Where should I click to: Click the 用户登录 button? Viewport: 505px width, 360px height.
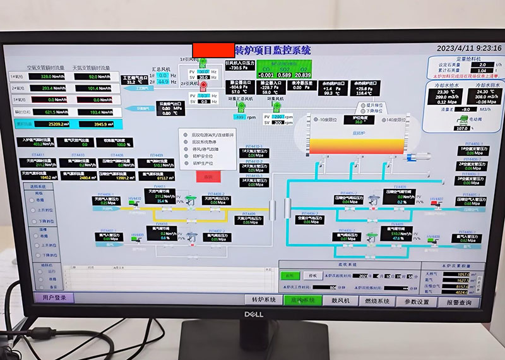pos(54,297)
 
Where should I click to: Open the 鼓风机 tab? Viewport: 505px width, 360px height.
pos(340,301)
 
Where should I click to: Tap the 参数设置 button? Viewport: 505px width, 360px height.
pos(417,301)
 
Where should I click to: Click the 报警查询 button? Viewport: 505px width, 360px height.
pos(458,302)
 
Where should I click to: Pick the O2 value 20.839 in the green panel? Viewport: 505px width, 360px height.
pos(304,75)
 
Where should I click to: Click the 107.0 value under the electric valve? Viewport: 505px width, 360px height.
pos(461,128)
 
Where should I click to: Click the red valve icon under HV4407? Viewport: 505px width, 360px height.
pos(434,205)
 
